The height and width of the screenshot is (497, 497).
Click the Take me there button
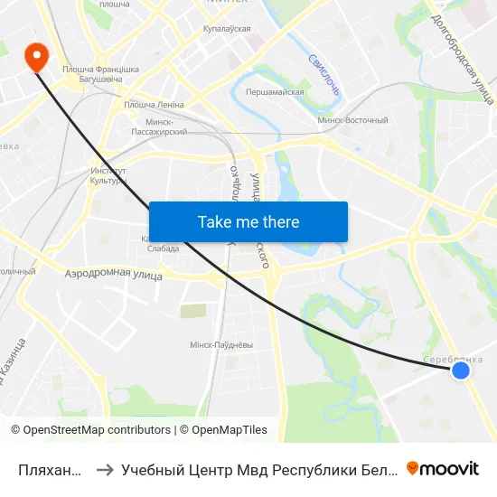point(248,221)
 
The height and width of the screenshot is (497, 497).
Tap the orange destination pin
point(36,57)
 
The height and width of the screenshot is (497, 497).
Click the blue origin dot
point(461,370)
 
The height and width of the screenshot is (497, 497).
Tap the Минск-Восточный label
point(353,120)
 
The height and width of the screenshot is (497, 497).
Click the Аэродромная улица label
point(113,273)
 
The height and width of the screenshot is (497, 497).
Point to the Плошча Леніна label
point(154,105)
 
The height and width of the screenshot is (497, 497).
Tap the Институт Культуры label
point(109,175)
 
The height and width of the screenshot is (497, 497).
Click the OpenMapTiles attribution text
point(227,430)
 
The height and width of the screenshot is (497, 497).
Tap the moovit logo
point(442,468)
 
